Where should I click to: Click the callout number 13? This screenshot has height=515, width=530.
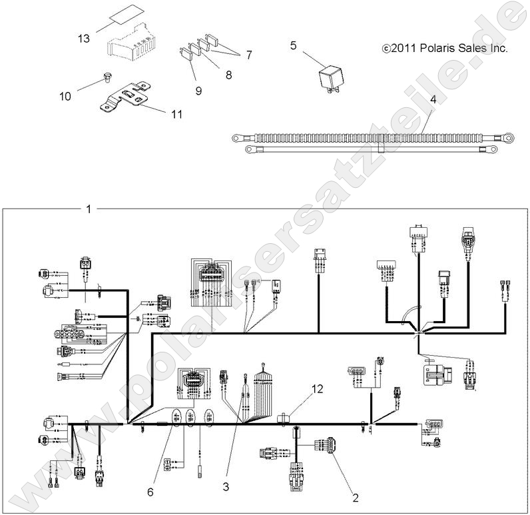coord(83,39)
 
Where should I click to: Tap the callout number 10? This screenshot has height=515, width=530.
coord(65,96)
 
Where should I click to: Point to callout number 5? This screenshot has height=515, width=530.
coord(293,45)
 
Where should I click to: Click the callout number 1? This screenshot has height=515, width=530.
coord(89,209)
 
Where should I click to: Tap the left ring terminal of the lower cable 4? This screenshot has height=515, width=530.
coord(251,150)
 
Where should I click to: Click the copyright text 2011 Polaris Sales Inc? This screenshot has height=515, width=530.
coord(445,49)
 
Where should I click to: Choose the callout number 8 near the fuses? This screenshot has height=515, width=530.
coord(228,75)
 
